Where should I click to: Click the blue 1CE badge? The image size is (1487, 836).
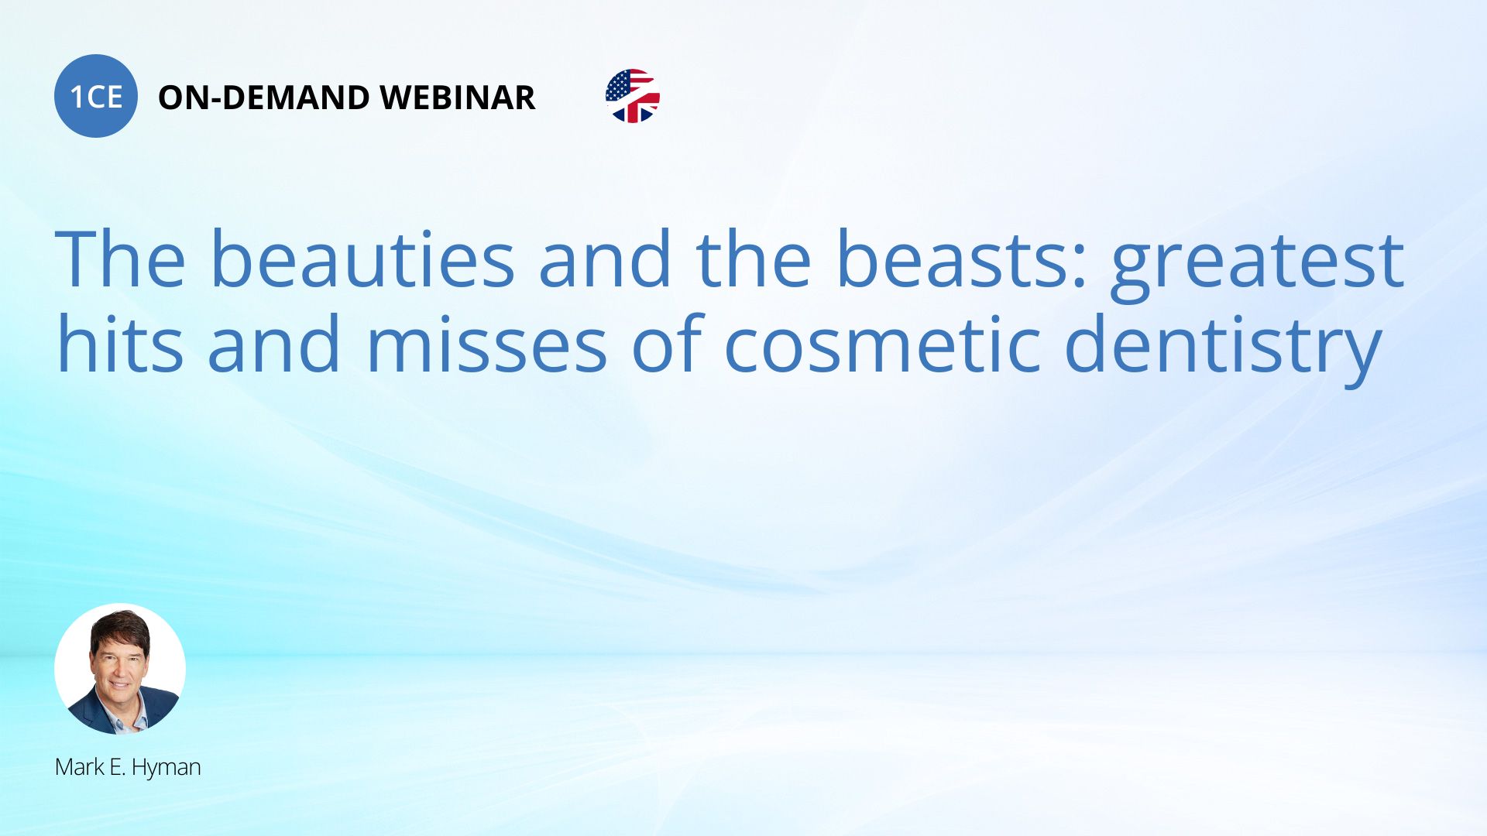[x=96, y=96]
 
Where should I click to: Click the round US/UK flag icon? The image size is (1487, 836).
[x=633, y=96]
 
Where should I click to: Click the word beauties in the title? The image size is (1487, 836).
[x=362, y=259]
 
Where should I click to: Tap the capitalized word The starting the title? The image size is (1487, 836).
[x=120, y=259]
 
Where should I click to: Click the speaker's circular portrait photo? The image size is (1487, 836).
[x=120, y=669]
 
